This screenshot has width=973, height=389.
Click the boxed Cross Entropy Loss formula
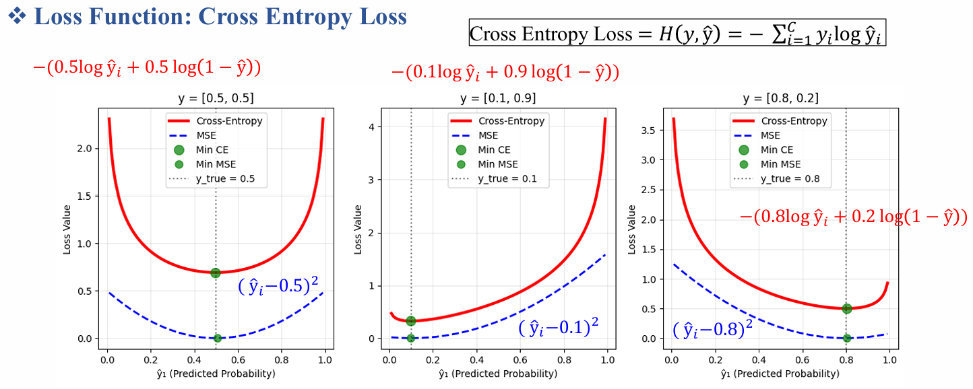677,33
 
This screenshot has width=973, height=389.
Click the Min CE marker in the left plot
216,273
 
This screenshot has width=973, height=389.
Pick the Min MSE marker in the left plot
217,338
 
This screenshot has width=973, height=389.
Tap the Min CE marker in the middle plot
411,320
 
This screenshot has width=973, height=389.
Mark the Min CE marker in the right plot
847,308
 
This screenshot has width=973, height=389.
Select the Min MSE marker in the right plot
847,338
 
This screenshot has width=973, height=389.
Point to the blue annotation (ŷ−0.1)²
559,328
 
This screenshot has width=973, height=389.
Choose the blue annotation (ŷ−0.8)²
712,330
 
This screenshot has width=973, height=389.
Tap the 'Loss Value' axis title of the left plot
67,229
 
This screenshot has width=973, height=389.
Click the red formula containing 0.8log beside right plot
853,217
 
